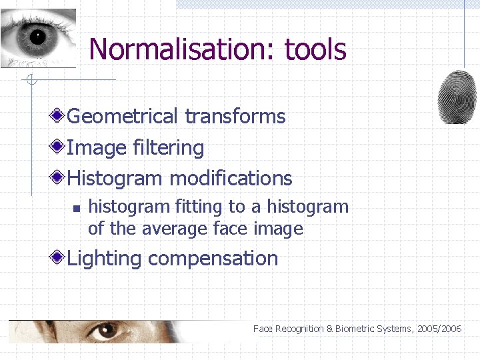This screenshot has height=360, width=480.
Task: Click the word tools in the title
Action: (x=315, y=49)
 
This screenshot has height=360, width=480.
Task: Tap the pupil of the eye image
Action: (x=37, y=37)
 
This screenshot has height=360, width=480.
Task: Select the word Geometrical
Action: (x=123, y=117)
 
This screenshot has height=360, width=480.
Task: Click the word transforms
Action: (x=235, y=117)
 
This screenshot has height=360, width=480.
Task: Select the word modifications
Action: (x=231, y=179)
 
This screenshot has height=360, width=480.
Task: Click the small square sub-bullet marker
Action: (x=76, y=208)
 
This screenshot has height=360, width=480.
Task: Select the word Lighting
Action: (x=104, y=259)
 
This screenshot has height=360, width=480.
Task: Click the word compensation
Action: (x=213, y=259)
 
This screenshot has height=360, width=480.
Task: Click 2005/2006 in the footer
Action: (x=440, y=329)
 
